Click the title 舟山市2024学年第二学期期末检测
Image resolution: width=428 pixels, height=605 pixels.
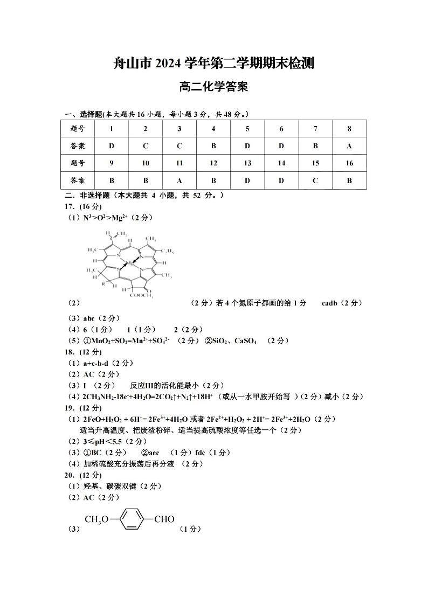tap(213, 63)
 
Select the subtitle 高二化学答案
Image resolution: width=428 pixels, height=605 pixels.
tap(213, 87)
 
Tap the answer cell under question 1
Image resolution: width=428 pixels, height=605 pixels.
tap(111, 145)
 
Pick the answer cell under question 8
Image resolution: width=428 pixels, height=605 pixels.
tap(349, 145)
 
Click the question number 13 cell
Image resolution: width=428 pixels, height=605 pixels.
tap(247, 163)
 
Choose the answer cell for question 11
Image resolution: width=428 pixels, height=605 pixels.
tap(180, 180)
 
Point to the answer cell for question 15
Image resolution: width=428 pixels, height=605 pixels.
tap(315, 180)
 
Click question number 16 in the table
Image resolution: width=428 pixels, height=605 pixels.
tap(349, 163)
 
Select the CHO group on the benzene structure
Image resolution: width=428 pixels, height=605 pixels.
tap(164, 519)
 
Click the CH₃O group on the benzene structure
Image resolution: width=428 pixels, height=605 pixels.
tap(96, 519)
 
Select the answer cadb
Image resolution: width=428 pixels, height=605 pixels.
tap(329, 303)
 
